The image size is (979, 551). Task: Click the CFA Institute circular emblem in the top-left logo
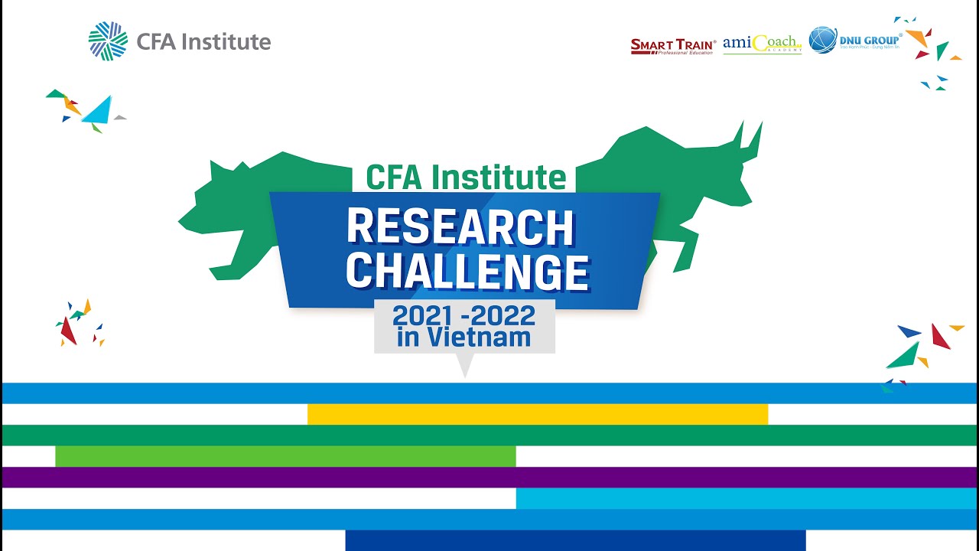point(108,41)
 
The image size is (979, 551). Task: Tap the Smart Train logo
point(673,46)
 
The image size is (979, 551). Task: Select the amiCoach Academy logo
point(762,44)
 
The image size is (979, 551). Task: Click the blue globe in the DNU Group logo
point(823,40)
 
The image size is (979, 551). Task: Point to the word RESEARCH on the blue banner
point(460,227)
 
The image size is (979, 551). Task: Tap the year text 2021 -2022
point(463,315)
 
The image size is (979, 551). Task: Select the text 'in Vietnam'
point(463,337)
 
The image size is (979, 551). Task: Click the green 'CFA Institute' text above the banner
point(466,177)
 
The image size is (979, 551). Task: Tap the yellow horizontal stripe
point(537,414)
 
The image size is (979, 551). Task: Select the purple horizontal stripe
point(489,478)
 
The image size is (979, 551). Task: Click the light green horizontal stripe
point(285,456)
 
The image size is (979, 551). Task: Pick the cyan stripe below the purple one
point(746,498)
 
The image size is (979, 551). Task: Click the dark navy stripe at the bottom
point(575,540)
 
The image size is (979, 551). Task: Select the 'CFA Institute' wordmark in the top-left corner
point(203,41)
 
